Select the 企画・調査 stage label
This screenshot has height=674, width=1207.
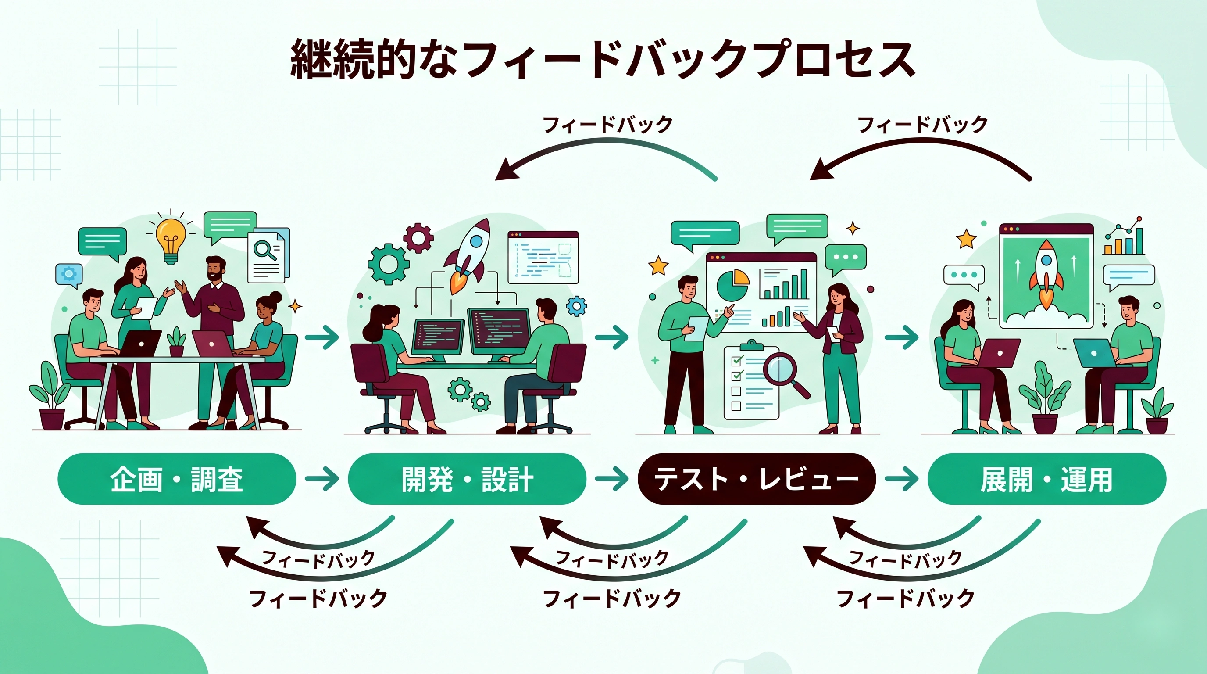click(x=177, y=479)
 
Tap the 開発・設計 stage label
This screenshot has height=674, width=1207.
click(x=467, y=479)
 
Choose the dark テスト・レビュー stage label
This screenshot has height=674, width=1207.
click(x=756, y=479)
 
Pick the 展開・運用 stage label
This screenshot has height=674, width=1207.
click(x=1046, y=479)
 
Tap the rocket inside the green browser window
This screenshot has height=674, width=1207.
click(x=1046, y=272)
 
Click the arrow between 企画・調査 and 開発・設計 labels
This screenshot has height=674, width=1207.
click(x=322, y=479)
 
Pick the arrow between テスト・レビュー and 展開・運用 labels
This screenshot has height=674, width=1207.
click(x=901, y=479)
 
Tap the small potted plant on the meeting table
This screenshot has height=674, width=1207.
click(x=176, y=342)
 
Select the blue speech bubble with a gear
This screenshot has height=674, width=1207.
click(x=69, y=274)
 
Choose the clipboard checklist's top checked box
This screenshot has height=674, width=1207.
click(x=736, y=360)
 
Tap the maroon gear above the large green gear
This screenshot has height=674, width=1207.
click(x=418, y=238)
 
